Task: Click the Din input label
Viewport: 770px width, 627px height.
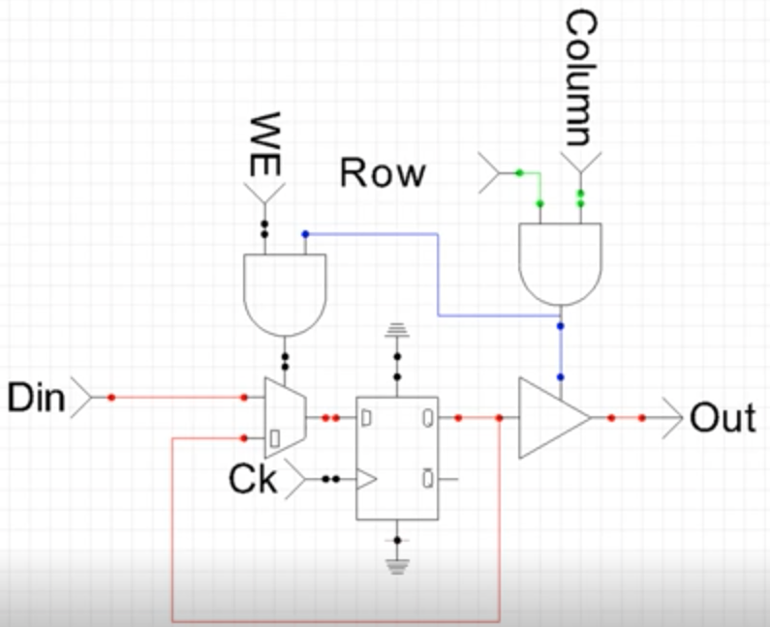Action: (37, 398)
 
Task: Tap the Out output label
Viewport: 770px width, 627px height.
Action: (723, 418)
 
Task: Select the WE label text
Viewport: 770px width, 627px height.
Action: (265, 144)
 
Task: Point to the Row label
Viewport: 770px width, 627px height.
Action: (383, 172)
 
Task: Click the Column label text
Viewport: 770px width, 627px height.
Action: (581, 78)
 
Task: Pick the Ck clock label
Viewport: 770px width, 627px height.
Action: (253, 479)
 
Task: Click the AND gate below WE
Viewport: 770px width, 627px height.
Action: (285, 295)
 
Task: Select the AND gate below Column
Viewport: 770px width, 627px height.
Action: (561, 264)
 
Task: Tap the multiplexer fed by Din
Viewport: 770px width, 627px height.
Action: (286, 418)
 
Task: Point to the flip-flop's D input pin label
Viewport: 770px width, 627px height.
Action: (366, 419)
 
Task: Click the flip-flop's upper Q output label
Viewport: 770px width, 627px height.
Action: (428, 419)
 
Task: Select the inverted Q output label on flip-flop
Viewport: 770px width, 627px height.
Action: (428, 479)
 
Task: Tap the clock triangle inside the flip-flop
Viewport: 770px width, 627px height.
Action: (366, 479)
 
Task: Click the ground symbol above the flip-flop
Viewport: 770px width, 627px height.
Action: (397, 330)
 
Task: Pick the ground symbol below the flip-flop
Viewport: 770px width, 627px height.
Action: (397, 566)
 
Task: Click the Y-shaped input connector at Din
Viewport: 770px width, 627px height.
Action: (81, 398)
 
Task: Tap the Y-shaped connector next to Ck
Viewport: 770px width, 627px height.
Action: (295, 479)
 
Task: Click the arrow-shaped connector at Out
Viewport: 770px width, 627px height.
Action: (672, 418)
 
